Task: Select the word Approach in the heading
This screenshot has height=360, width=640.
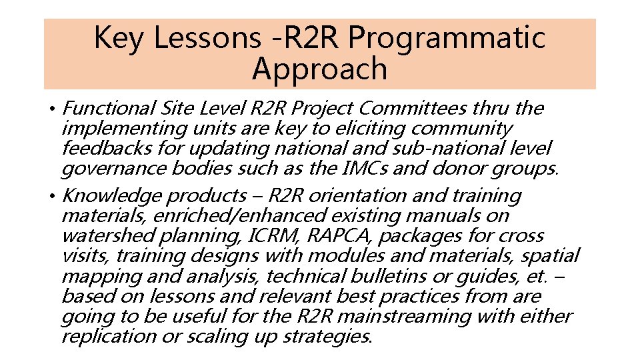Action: click(x=320, y=69)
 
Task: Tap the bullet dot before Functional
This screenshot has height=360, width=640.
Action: click(x=51, y=109)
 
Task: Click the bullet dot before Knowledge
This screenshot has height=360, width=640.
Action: click(x=51, y=196)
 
